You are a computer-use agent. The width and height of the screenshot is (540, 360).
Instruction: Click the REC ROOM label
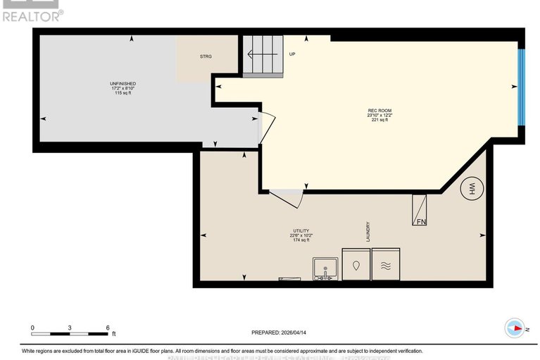[x=378, y=110]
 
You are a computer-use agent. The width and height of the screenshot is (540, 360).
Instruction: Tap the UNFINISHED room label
[x=123, y=83]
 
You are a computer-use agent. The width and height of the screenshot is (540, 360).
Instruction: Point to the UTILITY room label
[x=301, y=230]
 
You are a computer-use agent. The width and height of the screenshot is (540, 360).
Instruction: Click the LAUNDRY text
[x=368, y=232]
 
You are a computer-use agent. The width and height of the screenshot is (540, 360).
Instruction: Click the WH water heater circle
[x=470, y=188]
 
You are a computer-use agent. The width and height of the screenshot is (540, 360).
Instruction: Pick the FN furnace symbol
[x=420, y=209]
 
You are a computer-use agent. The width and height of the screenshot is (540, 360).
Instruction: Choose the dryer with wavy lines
[x=386, y=266]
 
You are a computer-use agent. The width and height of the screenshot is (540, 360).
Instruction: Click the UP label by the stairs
[x=291, y=54]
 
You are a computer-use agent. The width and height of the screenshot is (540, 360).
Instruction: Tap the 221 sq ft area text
[x=379, y=120]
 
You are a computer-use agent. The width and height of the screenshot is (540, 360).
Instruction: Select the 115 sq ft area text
[x=123, y=93]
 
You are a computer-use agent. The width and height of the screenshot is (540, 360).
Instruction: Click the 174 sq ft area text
[x=301, y=240]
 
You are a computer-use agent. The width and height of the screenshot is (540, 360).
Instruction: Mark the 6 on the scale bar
[x=108, y=328]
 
